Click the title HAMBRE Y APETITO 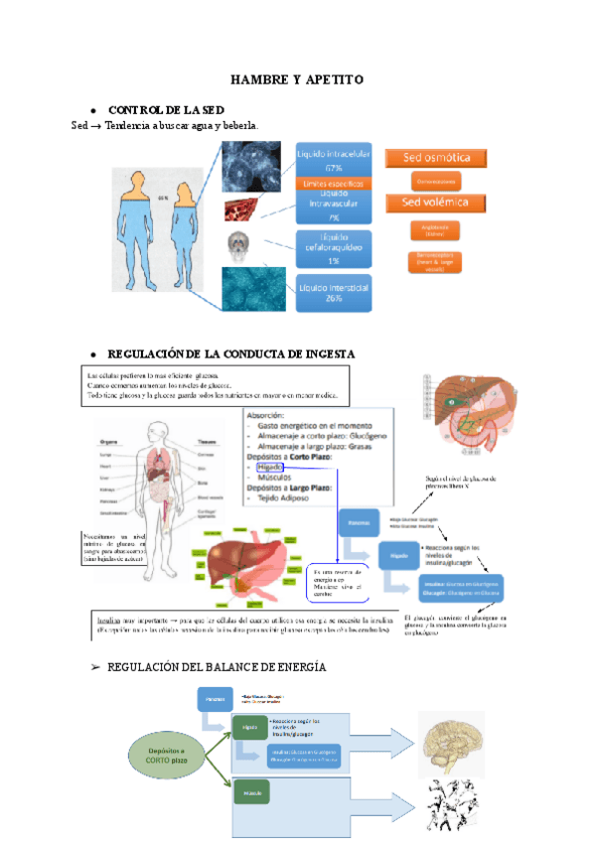click(298, 78)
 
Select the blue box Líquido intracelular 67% click(334, 160)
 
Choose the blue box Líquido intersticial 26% click(334, 293)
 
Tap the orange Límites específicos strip click(334, 184)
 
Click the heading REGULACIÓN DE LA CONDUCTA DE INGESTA click(230, 353)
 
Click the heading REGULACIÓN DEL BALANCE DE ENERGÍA click(217, 666)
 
